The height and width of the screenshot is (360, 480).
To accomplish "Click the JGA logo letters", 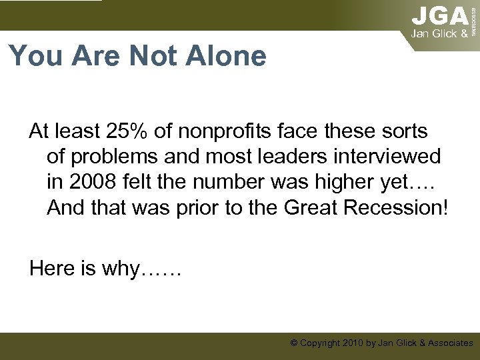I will coord(440,15).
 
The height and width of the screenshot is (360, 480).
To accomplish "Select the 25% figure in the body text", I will coord(132,131).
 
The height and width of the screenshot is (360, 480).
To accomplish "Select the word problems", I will coord(110,156).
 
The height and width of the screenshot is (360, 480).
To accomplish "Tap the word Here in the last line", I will coord(53,268).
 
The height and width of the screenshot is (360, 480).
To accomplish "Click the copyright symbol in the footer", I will coord(294,343).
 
